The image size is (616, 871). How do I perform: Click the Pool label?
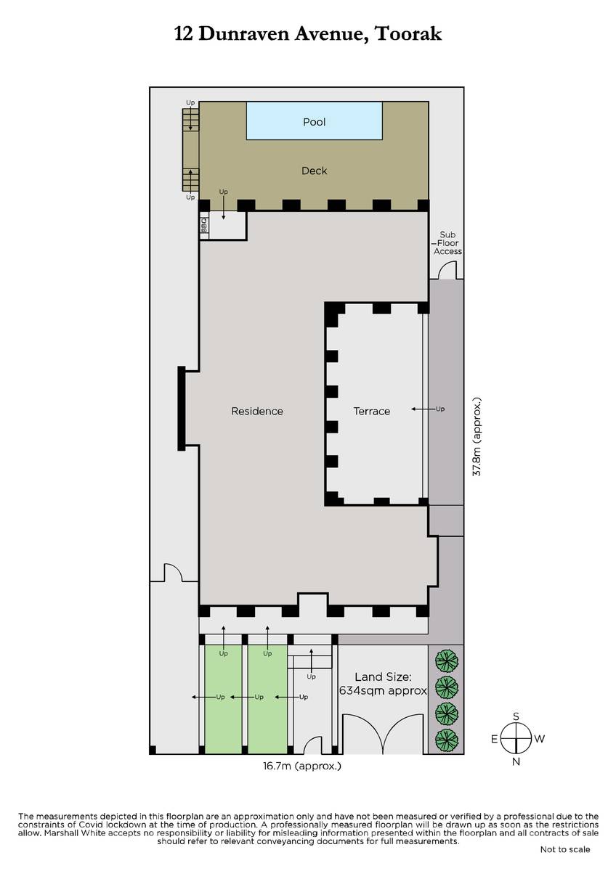(314, 122)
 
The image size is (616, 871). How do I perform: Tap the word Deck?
(314, 171)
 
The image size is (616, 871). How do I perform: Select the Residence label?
(257, 411)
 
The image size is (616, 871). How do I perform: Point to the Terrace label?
(372, 411)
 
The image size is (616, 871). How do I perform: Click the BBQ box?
(204, 225)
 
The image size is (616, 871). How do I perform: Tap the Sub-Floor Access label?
(447, 243)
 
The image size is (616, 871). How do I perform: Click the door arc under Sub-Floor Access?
(447, 269)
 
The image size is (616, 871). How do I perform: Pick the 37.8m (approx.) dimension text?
(477, 436)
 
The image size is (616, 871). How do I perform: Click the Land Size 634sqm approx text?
(383, 684)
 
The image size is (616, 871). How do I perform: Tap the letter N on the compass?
(516, 761)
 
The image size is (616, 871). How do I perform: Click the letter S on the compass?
(516, 716)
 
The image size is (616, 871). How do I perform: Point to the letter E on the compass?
(494, 739)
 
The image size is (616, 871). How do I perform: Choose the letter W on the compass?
(539, 739)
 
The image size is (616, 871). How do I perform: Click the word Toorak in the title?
(408, 34)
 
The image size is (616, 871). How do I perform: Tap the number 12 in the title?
(183, 34)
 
